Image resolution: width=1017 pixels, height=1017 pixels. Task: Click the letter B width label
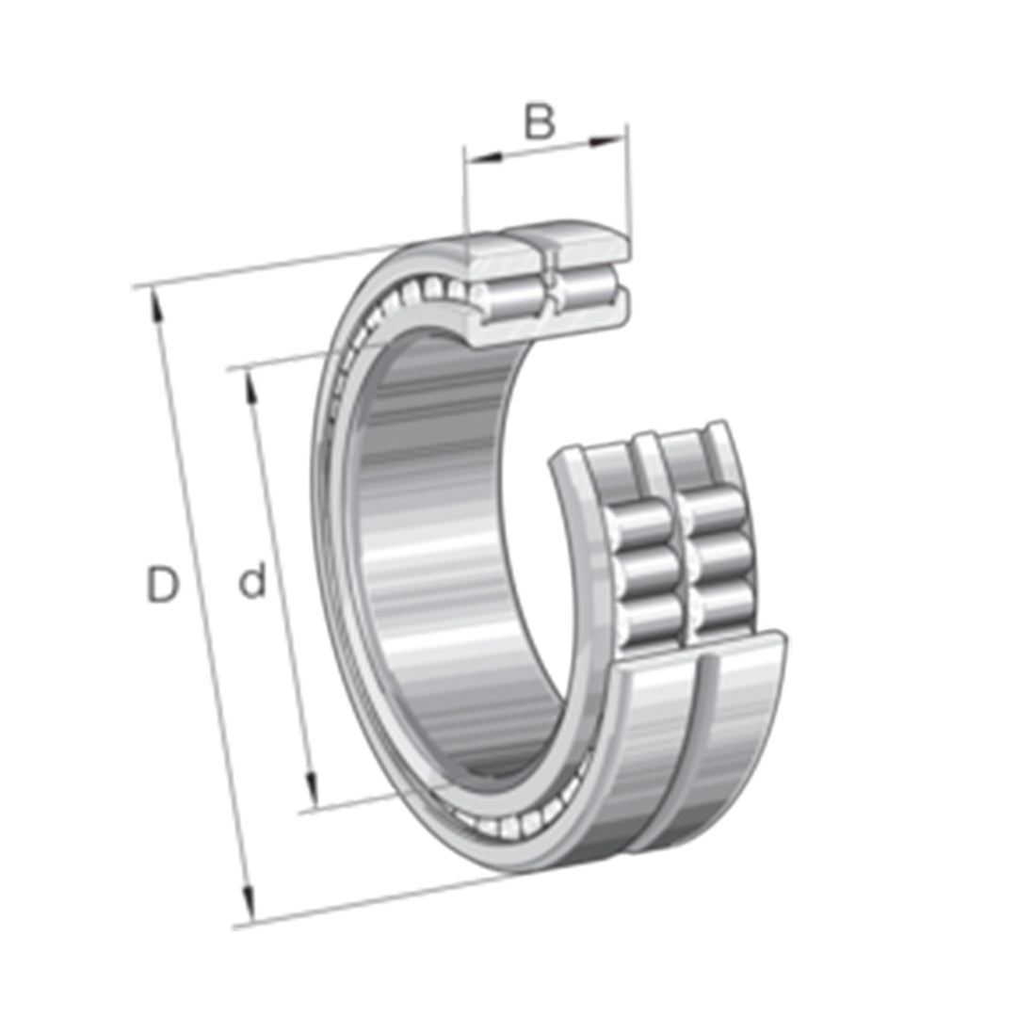(x=540, y=122)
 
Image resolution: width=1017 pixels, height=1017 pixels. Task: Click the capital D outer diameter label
(x=162, y=586)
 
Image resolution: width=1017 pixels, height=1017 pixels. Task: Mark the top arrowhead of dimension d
(x=250, y=381)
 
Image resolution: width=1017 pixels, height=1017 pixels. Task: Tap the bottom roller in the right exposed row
(x=725, y=607)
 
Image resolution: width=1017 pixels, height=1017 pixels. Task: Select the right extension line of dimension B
(x=627, y=188)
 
